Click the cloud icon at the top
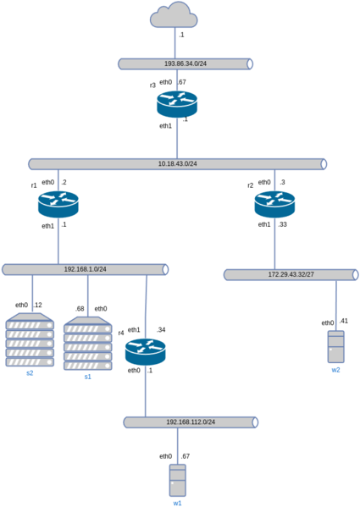tap(174, 15)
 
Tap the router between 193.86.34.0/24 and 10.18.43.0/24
tap(177, 103)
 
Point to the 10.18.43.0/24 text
tap(177, 163)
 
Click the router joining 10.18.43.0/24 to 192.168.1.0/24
tap(58, 204)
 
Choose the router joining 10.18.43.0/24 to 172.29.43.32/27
tap(274, 204)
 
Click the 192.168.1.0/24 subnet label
tap(85, 269)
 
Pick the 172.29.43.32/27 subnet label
tap(290, 274)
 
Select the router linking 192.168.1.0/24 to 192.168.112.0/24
tap(145, 351)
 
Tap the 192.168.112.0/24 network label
tap(191, 422)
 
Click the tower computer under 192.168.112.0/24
tap(177, 480)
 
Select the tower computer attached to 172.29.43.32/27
tap(336, 346)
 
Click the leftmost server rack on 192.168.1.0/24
tap(30, 340)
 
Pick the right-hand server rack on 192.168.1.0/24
tap(87, 344)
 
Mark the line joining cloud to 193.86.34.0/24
tap(174, 42)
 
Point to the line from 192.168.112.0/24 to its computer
tap(177, 445)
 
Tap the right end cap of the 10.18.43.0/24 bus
tap(323, 163)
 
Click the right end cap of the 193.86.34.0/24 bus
tap(249, 63)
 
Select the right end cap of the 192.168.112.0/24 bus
tap(254, 422)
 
